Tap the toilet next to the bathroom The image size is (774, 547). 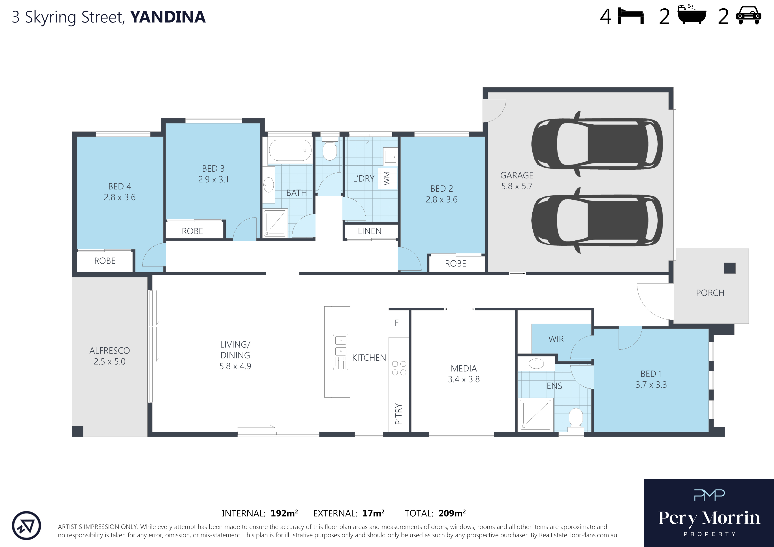[330, 148]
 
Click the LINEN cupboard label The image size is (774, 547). [370, 231]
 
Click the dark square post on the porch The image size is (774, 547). [729, 268]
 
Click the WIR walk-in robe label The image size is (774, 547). [556, 339]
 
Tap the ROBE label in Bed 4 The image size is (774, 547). [105, 261]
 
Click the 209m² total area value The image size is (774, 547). [452, 513]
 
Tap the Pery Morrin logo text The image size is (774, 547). [709, 518]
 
